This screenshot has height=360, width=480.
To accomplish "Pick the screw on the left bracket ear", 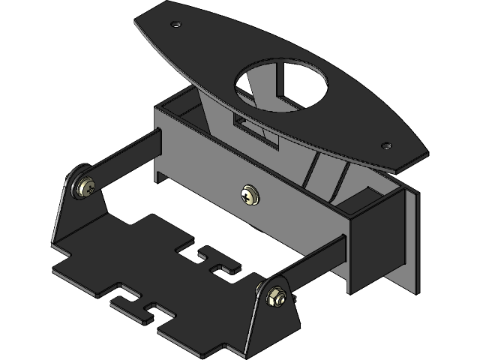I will point(86,186).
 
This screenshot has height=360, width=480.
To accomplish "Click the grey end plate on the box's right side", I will point(409,240).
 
